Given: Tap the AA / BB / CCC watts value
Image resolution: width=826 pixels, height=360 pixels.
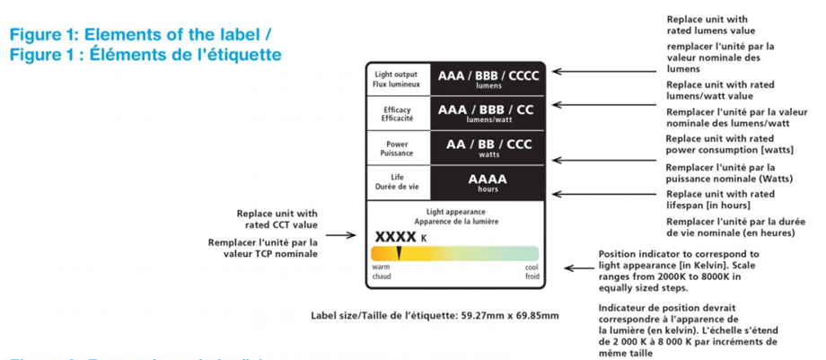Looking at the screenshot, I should [488, 145].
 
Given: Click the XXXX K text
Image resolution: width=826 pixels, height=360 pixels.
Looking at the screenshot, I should [400, 236].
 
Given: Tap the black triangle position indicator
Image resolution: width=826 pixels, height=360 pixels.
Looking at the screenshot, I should [399, 254].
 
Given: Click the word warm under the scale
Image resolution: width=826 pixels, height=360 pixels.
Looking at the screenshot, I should [381, 267].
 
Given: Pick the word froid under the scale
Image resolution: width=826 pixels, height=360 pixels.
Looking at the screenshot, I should [532, 277].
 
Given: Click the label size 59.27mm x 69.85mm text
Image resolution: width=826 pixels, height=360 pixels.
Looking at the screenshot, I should [435, 315].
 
